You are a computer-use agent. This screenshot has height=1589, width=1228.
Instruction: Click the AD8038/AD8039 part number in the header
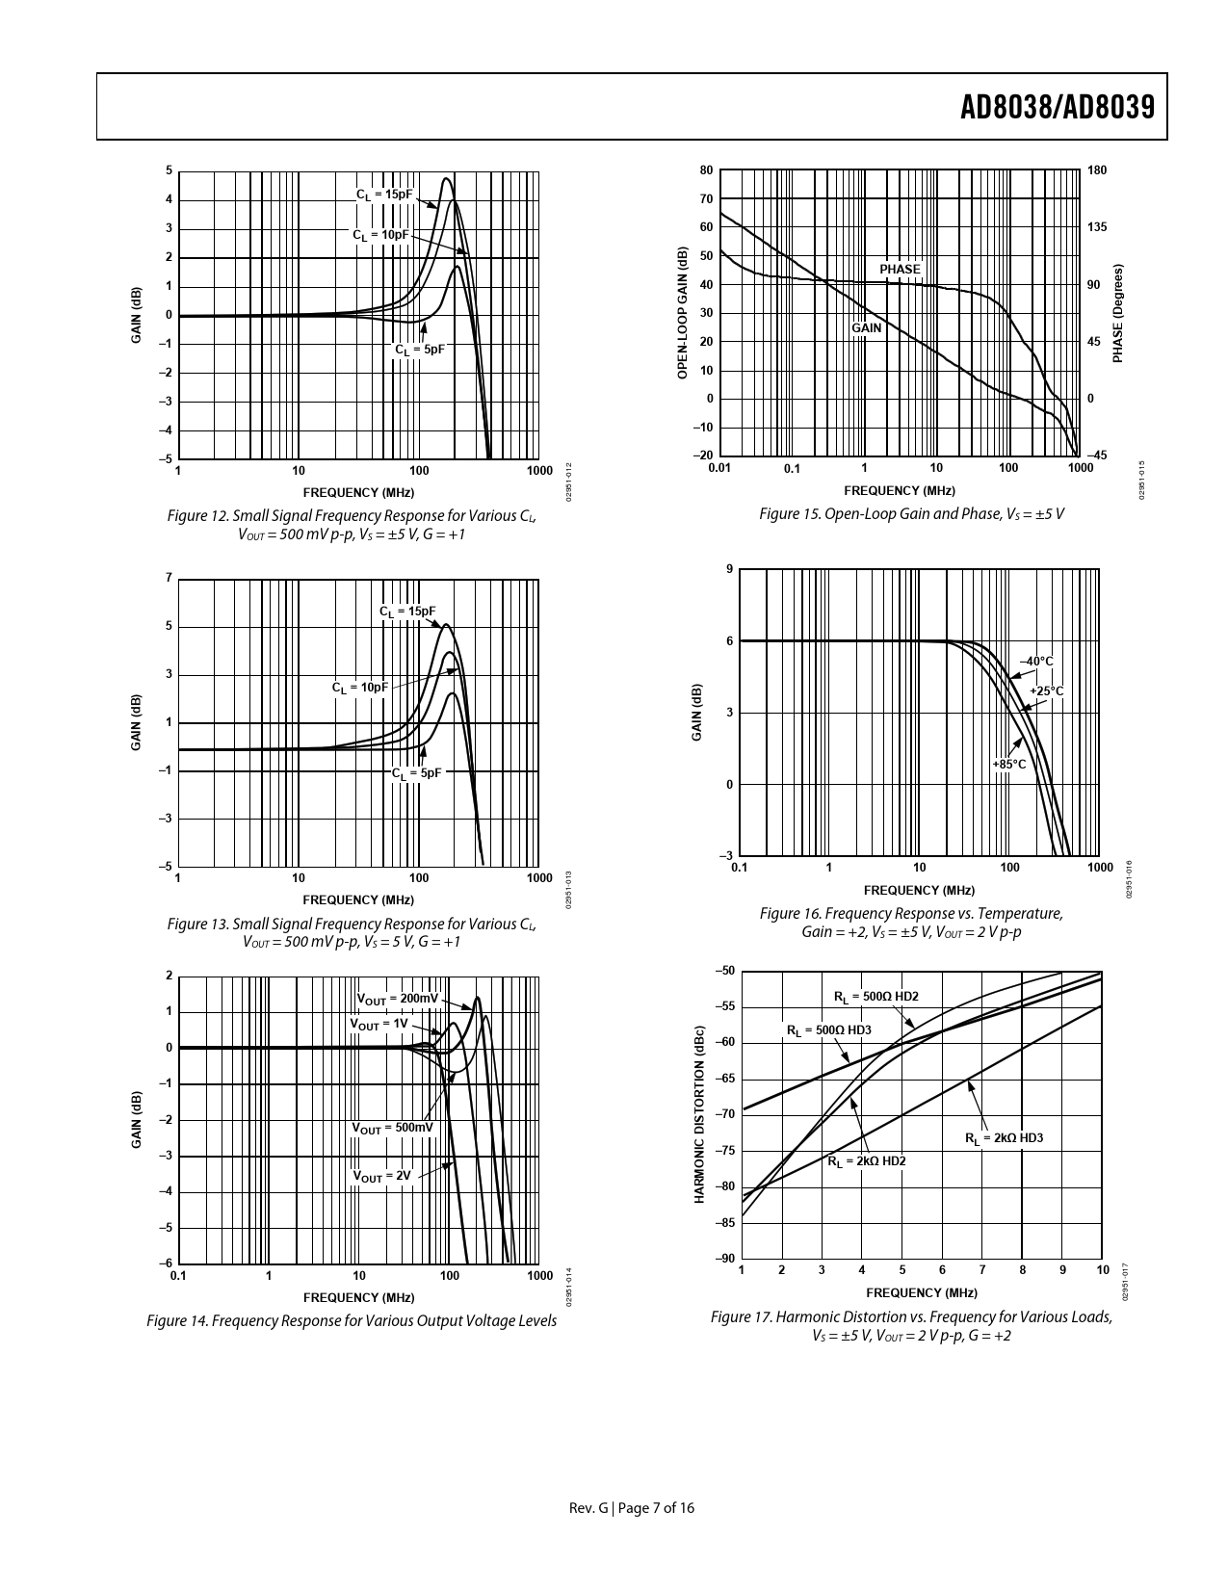[1057, 108]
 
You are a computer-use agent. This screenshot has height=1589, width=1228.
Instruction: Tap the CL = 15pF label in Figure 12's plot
[383, 194]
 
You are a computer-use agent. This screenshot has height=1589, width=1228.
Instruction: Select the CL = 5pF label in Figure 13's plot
[416, 772]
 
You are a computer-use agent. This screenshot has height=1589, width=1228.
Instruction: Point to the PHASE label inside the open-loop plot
[900, 270]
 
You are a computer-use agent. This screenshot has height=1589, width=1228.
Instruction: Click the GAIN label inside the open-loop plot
[867, 328]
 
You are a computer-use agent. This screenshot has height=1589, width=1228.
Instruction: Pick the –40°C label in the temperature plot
[1036, 662]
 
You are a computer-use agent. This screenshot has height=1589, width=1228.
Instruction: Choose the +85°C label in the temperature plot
[1009, 765]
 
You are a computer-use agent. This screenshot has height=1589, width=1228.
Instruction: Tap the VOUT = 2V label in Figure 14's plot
[381, 1176]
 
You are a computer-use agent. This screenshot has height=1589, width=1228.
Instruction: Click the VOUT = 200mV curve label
[397, 999]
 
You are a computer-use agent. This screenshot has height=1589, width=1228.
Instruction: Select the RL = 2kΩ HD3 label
[1004, 1138]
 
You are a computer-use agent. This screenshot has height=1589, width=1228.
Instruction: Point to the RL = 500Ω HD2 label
[869, 996]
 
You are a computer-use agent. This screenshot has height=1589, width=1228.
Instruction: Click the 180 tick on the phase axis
[1097, 170]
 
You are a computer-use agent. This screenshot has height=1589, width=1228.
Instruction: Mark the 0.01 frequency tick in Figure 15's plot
[719, 469]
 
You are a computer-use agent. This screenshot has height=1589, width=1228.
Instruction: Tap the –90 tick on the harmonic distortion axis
[724, 1259]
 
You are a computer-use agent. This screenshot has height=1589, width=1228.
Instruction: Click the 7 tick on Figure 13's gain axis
[169, 579]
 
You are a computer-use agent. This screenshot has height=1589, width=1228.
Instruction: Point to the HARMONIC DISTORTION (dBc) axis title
[700, 1114]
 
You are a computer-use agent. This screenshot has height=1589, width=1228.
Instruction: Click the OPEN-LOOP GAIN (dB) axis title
[682, 313]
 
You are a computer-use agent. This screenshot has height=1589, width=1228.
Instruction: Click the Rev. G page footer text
[631, 1508]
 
